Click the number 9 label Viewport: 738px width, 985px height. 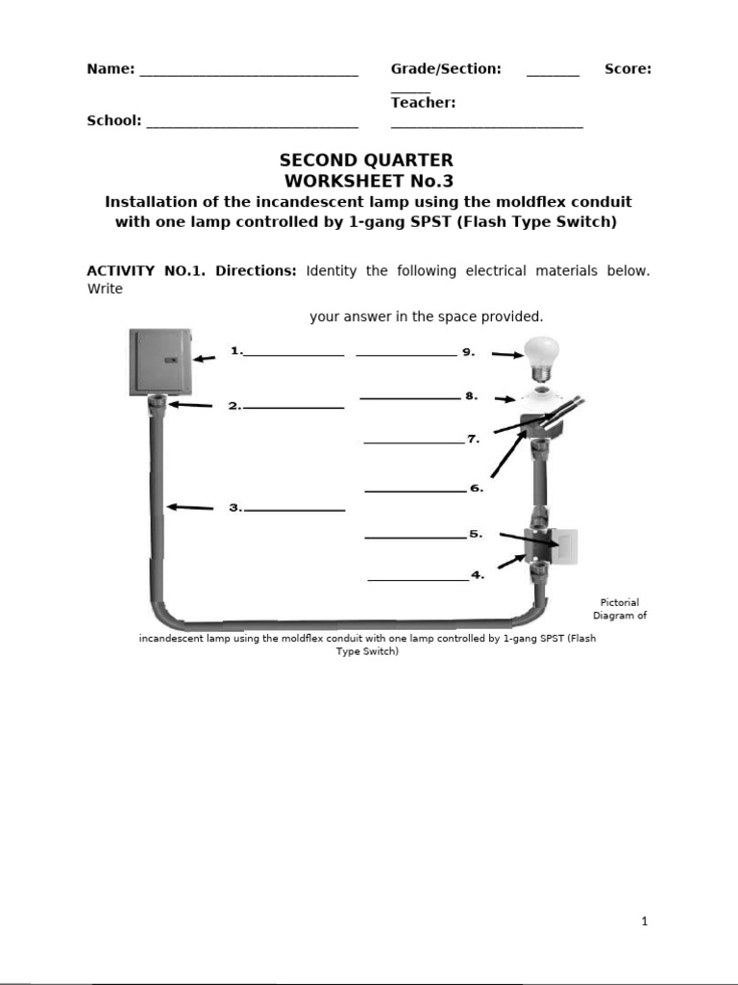tap(469, 352)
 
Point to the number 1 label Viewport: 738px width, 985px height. tap(235, 352)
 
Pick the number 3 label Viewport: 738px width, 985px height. tap(235, 508)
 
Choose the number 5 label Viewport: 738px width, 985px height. tap(476, 534)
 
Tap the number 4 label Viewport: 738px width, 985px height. tap(478, 575)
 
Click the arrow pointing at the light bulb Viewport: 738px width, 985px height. tap(506, 355)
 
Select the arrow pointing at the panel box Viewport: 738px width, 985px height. tap(206, 358)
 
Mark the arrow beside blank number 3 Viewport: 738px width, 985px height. tap(189, 507)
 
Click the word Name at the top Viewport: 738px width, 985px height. tap(110, 69)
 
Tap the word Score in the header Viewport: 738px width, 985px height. tap(627, 69)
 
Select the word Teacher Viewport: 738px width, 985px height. tap(423, 103)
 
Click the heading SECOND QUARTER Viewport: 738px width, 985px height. tap(366, 161)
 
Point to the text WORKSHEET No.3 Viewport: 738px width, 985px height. tap(368, 181)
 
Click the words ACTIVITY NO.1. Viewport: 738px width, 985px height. tap(143, 271)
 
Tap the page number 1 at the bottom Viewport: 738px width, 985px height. tap(645, 922)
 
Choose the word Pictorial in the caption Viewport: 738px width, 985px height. tap(619, 603)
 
